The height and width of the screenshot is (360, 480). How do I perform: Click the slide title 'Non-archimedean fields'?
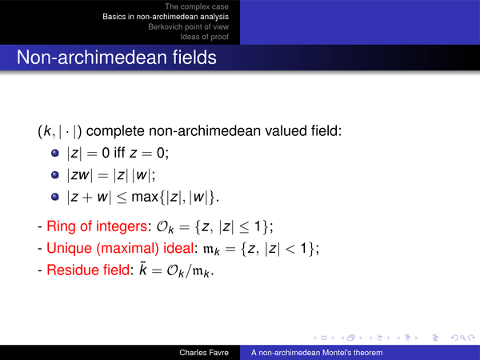116,58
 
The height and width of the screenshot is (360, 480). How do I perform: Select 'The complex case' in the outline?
197,6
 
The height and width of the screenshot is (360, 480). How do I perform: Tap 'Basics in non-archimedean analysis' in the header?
166,17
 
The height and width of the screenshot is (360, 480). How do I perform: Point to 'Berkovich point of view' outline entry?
188,26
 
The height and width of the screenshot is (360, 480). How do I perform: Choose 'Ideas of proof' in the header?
204,37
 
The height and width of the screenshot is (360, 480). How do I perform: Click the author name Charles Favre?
204,353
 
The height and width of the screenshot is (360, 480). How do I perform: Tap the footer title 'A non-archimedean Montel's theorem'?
317,353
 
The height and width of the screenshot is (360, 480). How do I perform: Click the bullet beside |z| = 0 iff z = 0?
55,153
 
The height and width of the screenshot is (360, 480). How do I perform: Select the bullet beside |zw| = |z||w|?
55,174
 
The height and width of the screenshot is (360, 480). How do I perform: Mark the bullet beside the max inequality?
55,197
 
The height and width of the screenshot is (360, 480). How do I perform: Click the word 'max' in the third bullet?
145,197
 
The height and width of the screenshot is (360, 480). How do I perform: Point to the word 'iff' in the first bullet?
119,152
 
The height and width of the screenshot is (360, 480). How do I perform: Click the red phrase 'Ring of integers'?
97,226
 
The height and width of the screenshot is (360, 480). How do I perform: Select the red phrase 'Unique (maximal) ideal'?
120,248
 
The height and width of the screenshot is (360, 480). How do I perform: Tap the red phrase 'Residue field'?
88,270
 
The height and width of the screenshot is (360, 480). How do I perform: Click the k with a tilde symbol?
143,269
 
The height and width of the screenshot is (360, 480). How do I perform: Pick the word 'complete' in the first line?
115,131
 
